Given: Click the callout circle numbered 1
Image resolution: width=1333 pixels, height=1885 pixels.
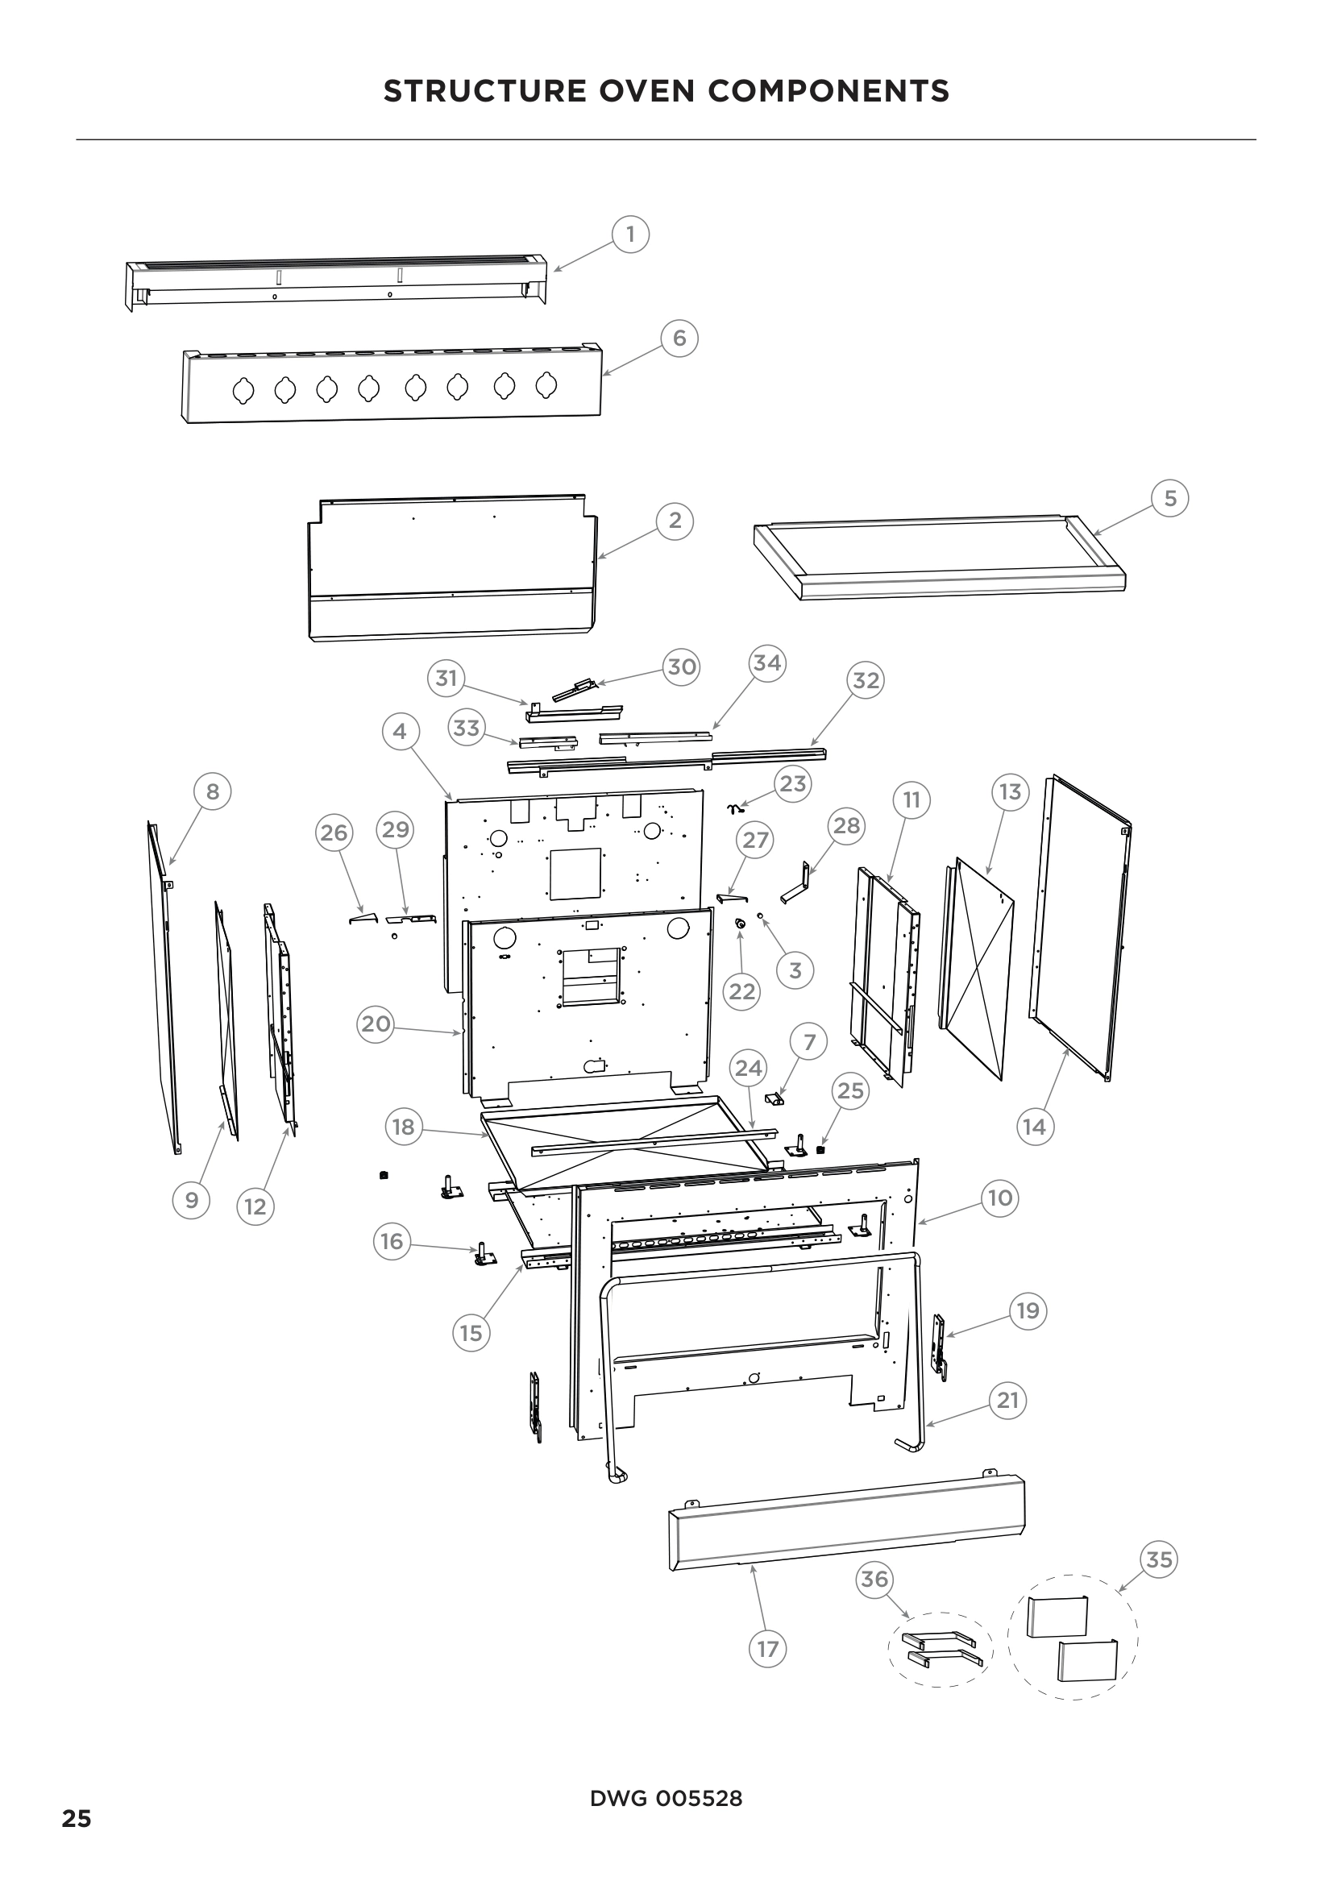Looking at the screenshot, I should click(x=630, y=235).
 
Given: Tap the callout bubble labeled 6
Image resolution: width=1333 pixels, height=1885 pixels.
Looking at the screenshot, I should click(x=679, y=338).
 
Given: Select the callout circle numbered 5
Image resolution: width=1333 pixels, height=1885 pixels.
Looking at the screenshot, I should click(x=1170, y=498).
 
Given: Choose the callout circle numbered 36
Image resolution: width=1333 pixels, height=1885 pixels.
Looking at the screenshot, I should click(x=874, y=1579).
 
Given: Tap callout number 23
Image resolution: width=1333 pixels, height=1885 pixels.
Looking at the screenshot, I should click(x=792, y=784).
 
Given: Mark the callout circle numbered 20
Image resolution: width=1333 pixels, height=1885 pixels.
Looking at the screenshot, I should click(x=376, y=1024).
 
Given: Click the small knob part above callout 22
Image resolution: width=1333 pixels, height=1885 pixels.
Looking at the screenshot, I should click(x=741, y=925).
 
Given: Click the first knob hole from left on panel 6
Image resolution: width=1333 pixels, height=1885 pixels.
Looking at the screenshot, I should click(x=243, y=392).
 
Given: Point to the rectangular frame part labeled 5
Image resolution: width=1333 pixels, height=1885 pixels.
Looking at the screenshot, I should click(x=940, y=558).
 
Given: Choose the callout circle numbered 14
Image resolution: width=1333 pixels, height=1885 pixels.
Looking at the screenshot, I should click(x=1034, y=1127).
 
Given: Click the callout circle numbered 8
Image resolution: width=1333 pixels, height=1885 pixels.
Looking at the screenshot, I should click(x=213, y=791).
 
